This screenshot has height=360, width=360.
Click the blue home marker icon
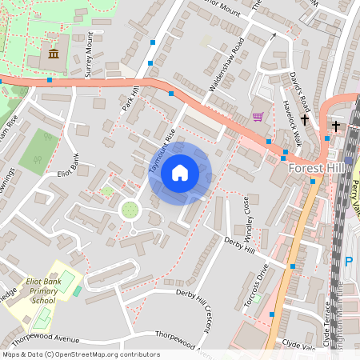pos(179,173)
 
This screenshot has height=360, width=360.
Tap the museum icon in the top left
pos(53,54)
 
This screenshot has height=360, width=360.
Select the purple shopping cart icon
pos(258,117)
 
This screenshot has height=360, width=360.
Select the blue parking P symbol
pos(348,261)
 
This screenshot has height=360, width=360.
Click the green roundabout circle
pos(130,210)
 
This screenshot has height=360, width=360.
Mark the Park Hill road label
pos(130,101)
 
